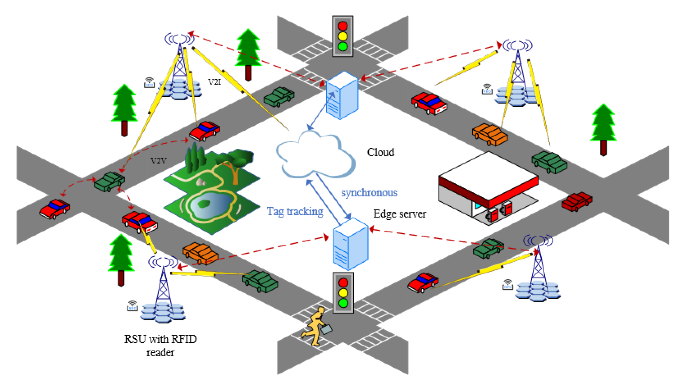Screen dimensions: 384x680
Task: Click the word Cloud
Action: [380, 152]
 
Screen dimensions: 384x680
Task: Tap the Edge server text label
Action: [399, 214]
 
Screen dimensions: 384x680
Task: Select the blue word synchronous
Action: [369, 193]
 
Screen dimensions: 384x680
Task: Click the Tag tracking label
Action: [295, 212]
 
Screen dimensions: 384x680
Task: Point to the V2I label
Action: [214, 82]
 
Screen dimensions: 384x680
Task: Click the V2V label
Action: [158, 161]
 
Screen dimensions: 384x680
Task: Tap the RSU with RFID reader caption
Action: [160, 346]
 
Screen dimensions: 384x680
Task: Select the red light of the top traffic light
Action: [342, 26]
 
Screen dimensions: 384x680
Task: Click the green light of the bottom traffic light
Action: [343, 303]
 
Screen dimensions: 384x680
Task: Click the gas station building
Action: [489, 187]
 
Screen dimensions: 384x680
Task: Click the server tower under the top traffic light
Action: [342, 96]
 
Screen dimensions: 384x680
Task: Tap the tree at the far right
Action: [603, 128]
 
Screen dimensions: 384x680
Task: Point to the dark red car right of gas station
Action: [576, 201]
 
